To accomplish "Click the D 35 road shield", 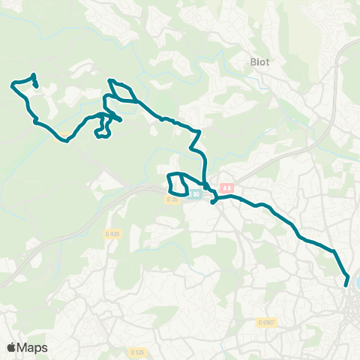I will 172,199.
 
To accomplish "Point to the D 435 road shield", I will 112,233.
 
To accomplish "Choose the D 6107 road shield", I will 267,322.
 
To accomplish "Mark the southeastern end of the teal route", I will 346,285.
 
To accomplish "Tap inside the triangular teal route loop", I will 121,92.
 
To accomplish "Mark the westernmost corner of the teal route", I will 12,84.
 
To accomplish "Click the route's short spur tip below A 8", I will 213,202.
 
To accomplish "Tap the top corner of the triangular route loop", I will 111,80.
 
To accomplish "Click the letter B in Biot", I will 252,63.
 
